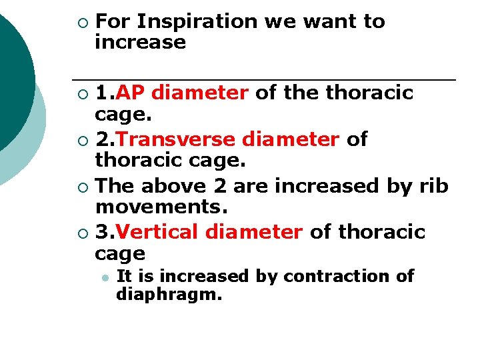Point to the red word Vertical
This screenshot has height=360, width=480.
[x=162, y=232]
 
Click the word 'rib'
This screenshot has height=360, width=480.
[x=435, y=185]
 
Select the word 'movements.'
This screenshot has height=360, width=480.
[x=162, y=207]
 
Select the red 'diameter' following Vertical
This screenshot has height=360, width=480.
[x=254, y=232]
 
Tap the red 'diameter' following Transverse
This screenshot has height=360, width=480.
[x=293, y=139]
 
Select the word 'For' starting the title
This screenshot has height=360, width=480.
[x=112, y=21]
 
